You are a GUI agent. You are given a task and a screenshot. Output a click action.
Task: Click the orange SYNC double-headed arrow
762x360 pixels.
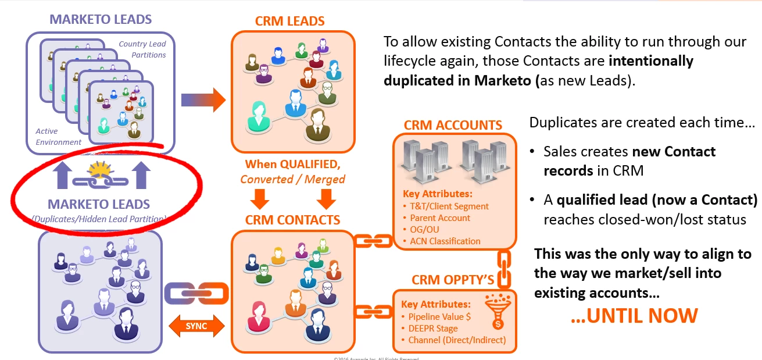pyautogui.click(x=196, y=326)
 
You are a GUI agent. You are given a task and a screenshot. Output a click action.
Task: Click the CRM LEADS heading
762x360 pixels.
pyautogui.click(x=289, y=22)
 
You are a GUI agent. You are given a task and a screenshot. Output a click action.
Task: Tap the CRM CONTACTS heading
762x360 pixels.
pyautogui.click(x=292, y=220)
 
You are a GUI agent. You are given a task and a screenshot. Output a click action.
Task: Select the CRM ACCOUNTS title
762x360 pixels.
pyautogui.click(x=453, y=125)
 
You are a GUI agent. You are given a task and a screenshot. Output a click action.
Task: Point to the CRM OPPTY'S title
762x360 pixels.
pyautogui.click(x=453, y=280)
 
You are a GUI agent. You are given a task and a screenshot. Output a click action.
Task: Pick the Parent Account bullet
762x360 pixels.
pyautogui.click(x=437, y=218)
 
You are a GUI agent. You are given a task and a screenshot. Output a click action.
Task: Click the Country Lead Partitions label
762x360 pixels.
pyautogui.click(x=142, y=49)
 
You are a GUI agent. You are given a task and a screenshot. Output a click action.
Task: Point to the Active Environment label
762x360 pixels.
pyautogui.click(x=59, y=137)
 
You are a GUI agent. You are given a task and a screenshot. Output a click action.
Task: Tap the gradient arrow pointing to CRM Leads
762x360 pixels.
pyautogui.click(x=203, y=99)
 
